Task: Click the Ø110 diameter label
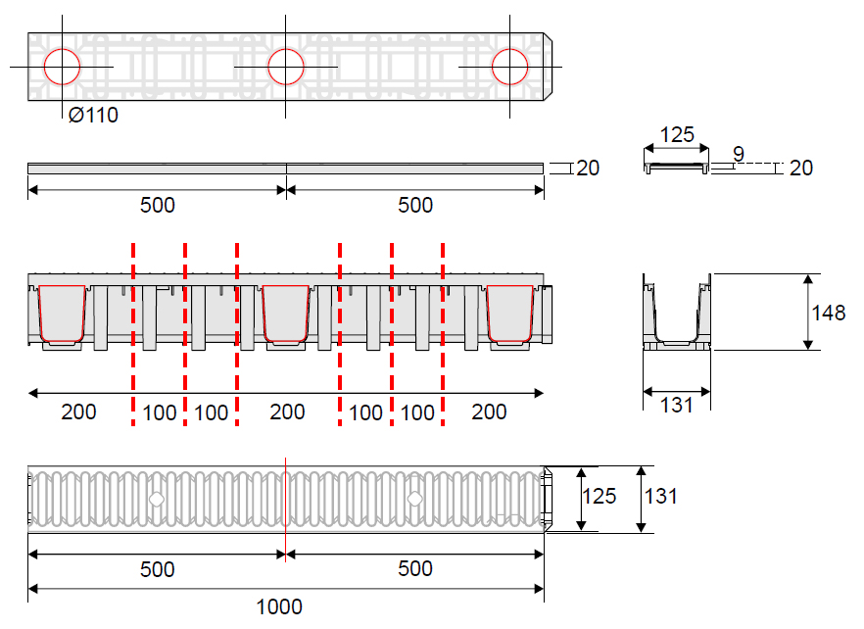click(93, 116)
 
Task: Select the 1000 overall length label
click(279, 606)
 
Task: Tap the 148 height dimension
click(828, 313)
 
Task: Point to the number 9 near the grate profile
click(739, 153)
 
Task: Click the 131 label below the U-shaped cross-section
click(676, 406)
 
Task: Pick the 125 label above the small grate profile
click(677, 134)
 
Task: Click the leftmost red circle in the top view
click(63, 67)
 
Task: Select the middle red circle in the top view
click(286, 67)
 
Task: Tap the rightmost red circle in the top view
click(509, 67)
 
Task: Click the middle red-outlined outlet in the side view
click(285, 314)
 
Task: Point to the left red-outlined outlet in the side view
click(62, 314)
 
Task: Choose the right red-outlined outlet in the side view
click(510, 314)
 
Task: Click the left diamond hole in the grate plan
click(157, 499)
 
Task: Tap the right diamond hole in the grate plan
click(414, 499)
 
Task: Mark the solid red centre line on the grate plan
click(285, 509)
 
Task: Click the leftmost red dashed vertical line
click(133, 334)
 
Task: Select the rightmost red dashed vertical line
click(443, 334)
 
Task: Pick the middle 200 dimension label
click(287, 411)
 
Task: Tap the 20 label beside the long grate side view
click(588, 169)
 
